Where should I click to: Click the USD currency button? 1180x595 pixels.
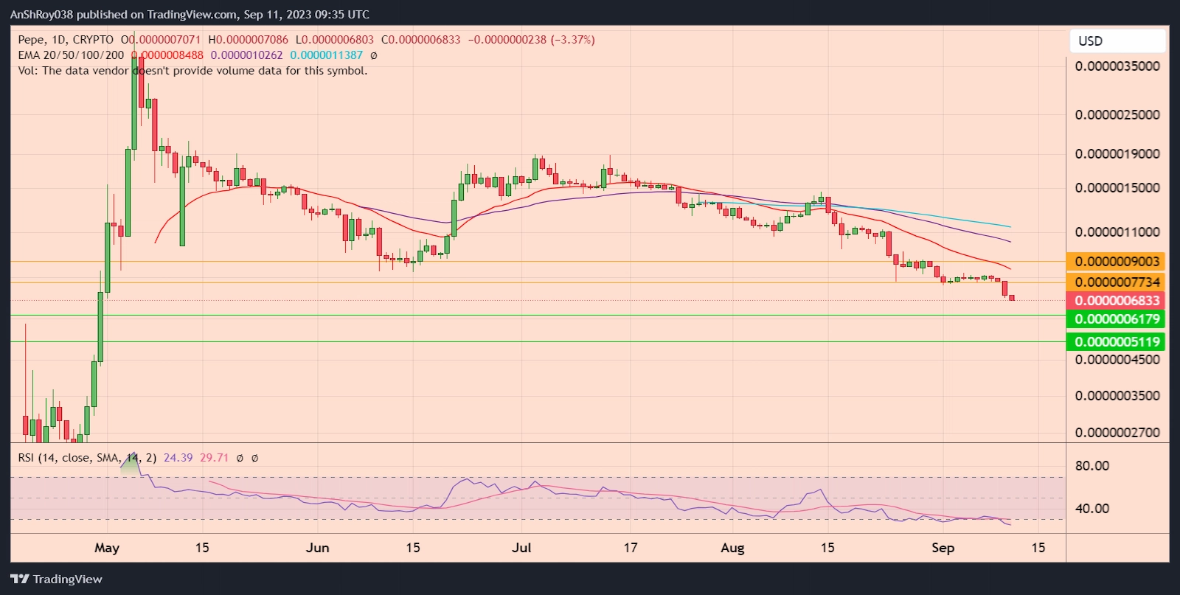[x=1117, y=41]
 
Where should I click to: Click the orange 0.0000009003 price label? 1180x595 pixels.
[x=1117, y=262]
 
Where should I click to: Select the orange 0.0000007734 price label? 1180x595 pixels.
[x=1117, y=282]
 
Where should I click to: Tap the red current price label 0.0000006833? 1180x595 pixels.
[x=1117, y=301]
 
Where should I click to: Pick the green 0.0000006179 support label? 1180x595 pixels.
[x=1117, y=319]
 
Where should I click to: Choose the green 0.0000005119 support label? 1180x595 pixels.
[x=1117, y=342]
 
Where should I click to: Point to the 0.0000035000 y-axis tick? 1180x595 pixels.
[x=1117, y=66]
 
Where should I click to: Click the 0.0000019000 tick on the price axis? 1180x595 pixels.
[x=1117, y=154]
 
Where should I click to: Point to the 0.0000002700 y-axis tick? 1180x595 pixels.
[x=1117, y=433]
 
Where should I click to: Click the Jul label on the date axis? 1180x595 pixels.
[x=521, y=548]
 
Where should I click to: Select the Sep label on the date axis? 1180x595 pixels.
[x=943, y=548]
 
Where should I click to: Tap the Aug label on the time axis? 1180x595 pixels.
[x=732, y=548]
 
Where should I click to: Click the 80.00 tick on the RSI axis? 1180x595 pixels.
[x=1091, y=466]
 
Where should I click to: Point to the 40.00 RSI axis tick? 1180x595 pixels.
[x=1091, y=509]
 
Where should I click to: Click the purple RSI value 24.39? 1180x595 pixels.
[x=178, y=458]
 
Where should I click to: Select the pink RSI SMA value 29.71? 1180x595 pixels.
[x=214, y=458]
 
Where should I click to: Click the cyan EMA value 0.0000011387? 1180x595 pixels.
[x=326, y=55]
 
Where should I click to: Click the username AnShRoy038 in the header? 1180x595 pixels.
[x=41, y=15]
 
